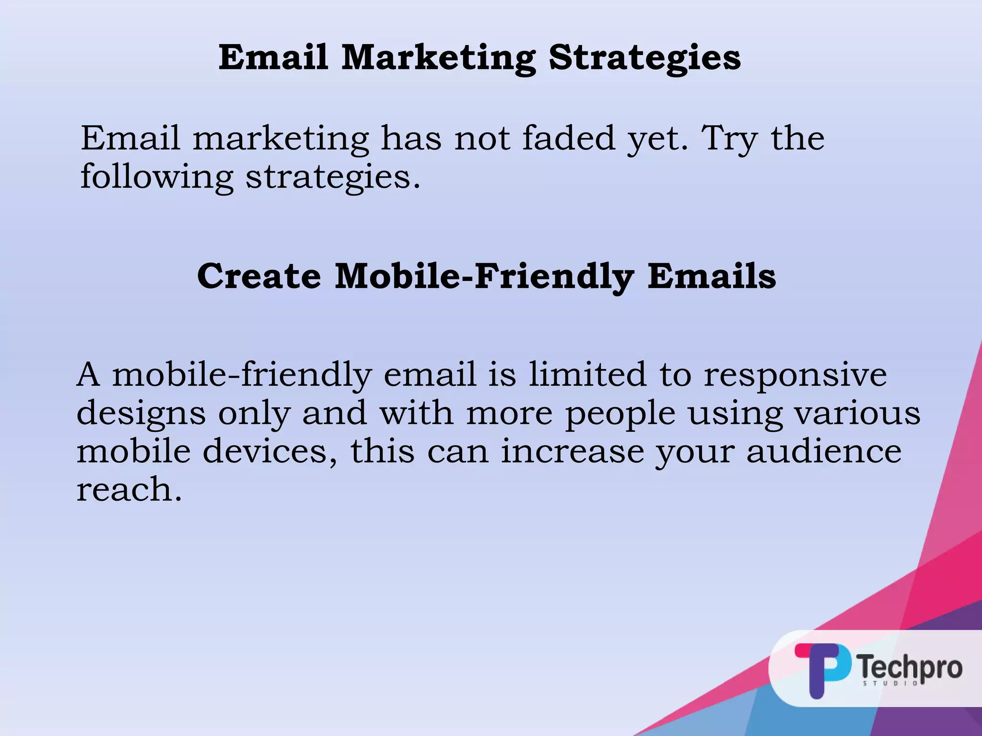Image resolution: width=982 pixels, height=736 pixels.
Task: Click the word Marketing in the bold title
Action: (438, 57)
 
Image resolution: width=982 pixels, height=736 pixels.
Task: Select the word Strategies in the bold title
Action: (644, 57)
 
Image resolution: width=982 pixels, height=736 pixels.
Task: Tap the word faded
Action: (568, 138)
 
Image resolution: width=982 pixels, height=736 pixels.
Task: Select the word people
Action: (620, 414)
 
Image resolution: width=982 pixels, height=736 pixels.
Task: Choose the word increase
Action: (572, 451)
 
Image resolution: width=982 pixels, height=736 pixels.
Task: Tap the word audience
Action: (824, 451)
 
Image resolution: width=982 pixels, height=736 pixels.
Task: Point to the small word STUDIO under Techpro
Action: (890, 683)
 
